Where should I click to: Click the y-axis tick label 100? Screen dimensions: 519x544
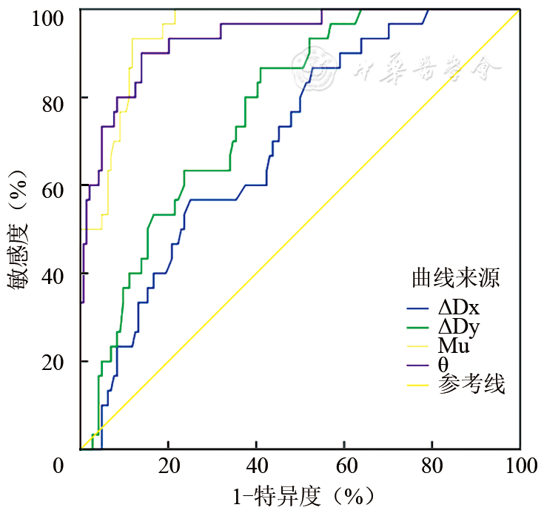[50, 16]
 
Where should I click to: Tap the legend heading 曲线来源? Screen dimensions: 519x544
[455, 279]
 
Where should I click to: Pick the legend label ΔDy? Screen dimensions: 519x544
[459, 327]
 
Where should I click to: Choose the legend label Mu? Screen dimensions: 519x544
[453, 346]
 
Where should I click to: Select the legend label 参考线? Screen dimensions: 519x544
[471, 384]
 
